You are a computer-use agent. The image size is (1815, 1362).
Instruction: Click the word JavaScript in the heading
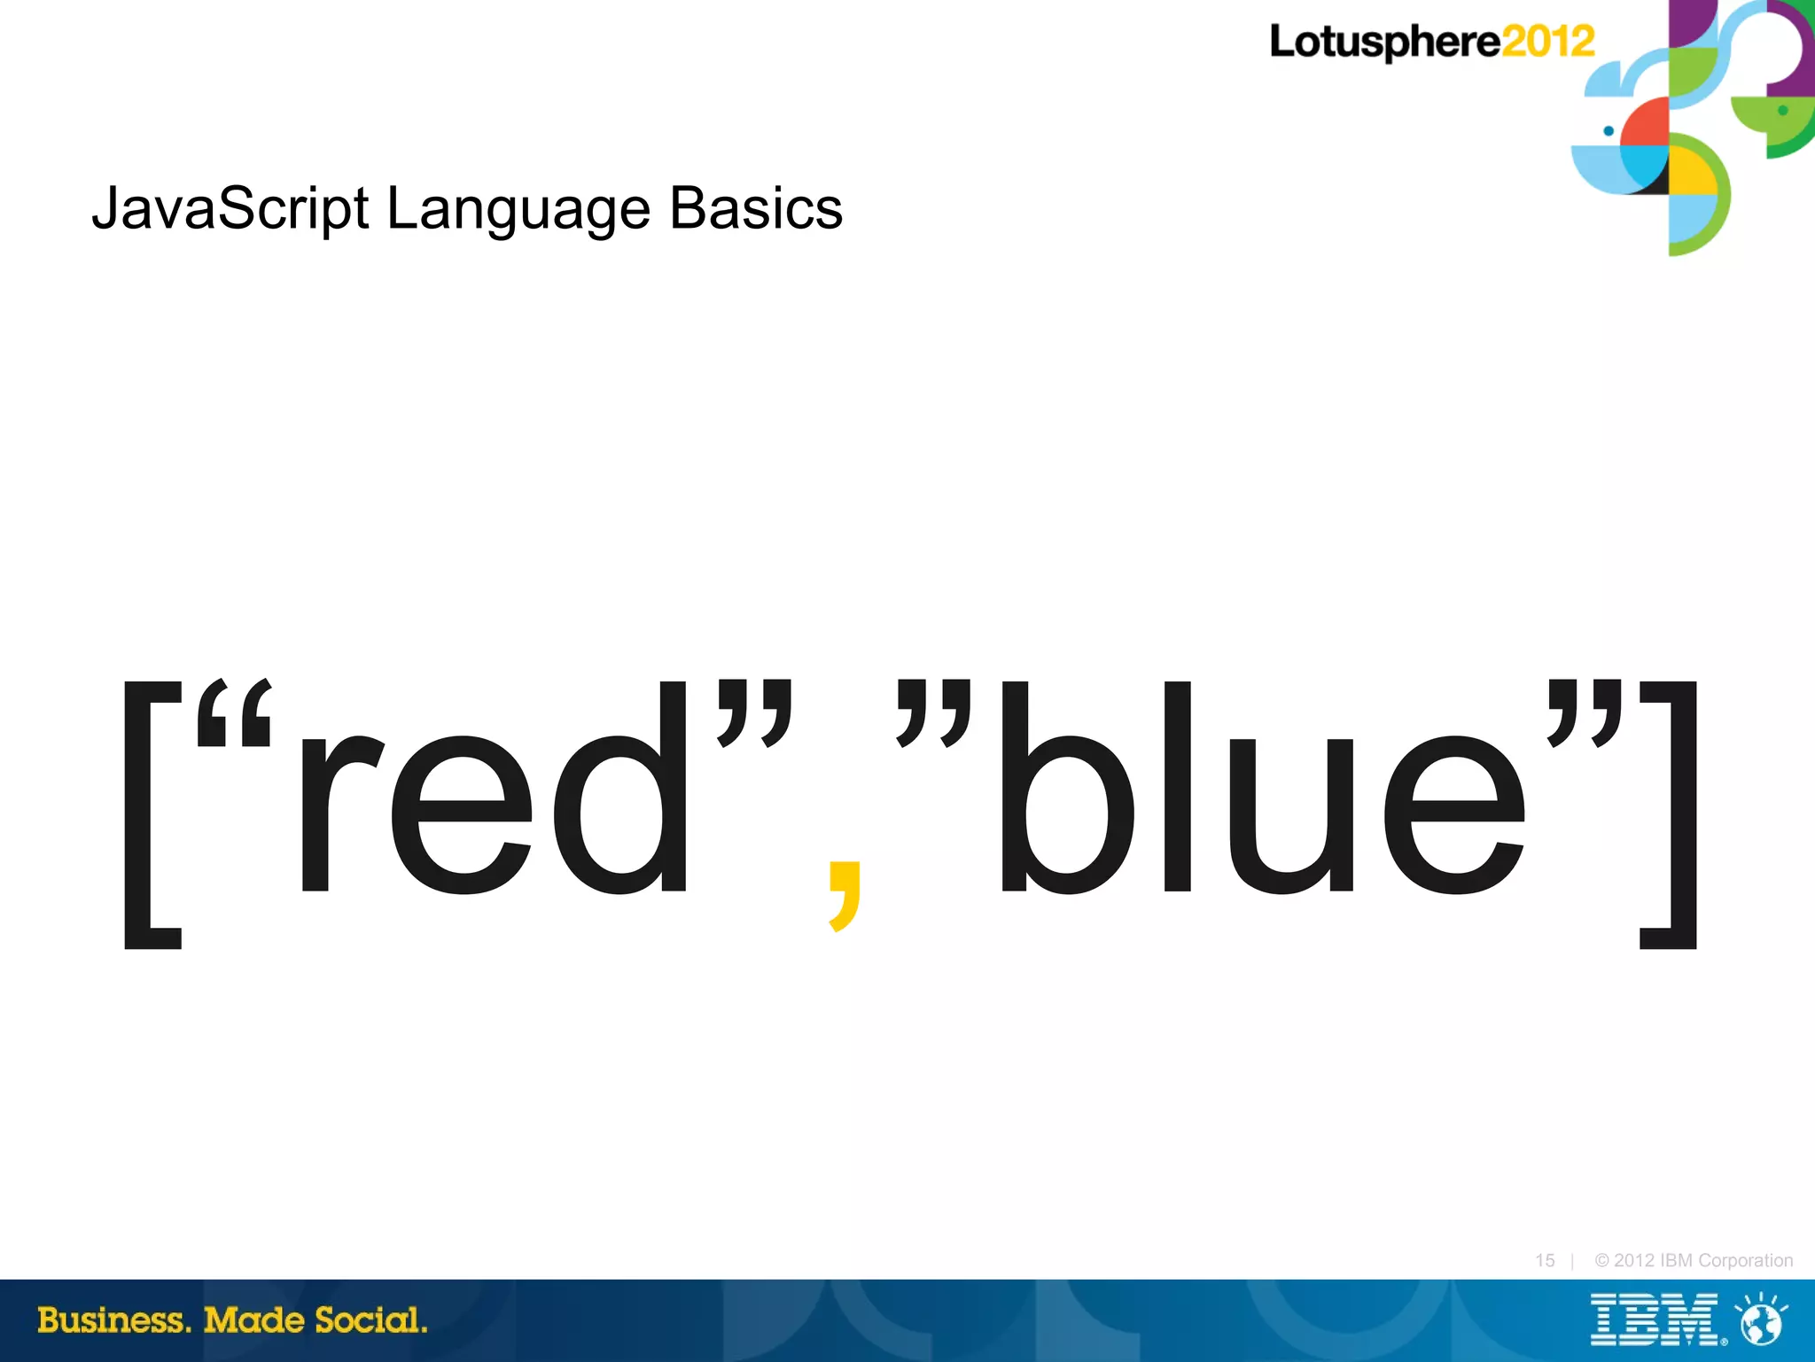click(230, 209)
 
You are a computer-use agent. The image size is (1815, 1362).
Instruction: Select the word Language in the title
click(518, 209)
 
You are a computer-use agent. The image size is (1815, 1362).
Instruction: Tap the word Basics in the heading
click(755, 209)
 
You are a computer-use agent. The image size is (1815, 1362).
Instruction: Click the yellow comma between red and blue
click(844, 895)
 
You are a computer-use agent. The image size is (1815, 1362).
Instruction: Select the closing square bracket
click(1671, 815)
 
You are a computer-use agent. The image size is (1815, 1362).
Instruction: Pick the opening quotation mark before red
click(233, 713)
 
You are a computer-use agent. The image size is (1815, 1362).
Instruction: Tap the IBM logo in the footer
click(1654, 1320)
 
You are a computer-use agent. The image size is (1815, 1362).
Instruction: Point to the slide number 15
click(1545, 1260)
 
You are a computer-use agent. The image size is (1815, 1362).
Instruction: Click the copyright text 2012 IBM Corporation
click(1694, 1260)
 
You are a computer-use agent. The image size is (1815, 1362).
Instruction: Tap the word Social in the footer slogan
click(371, 1320)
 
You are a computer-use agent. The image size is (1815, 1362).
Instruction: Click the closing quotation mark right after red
click(755, 713)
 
